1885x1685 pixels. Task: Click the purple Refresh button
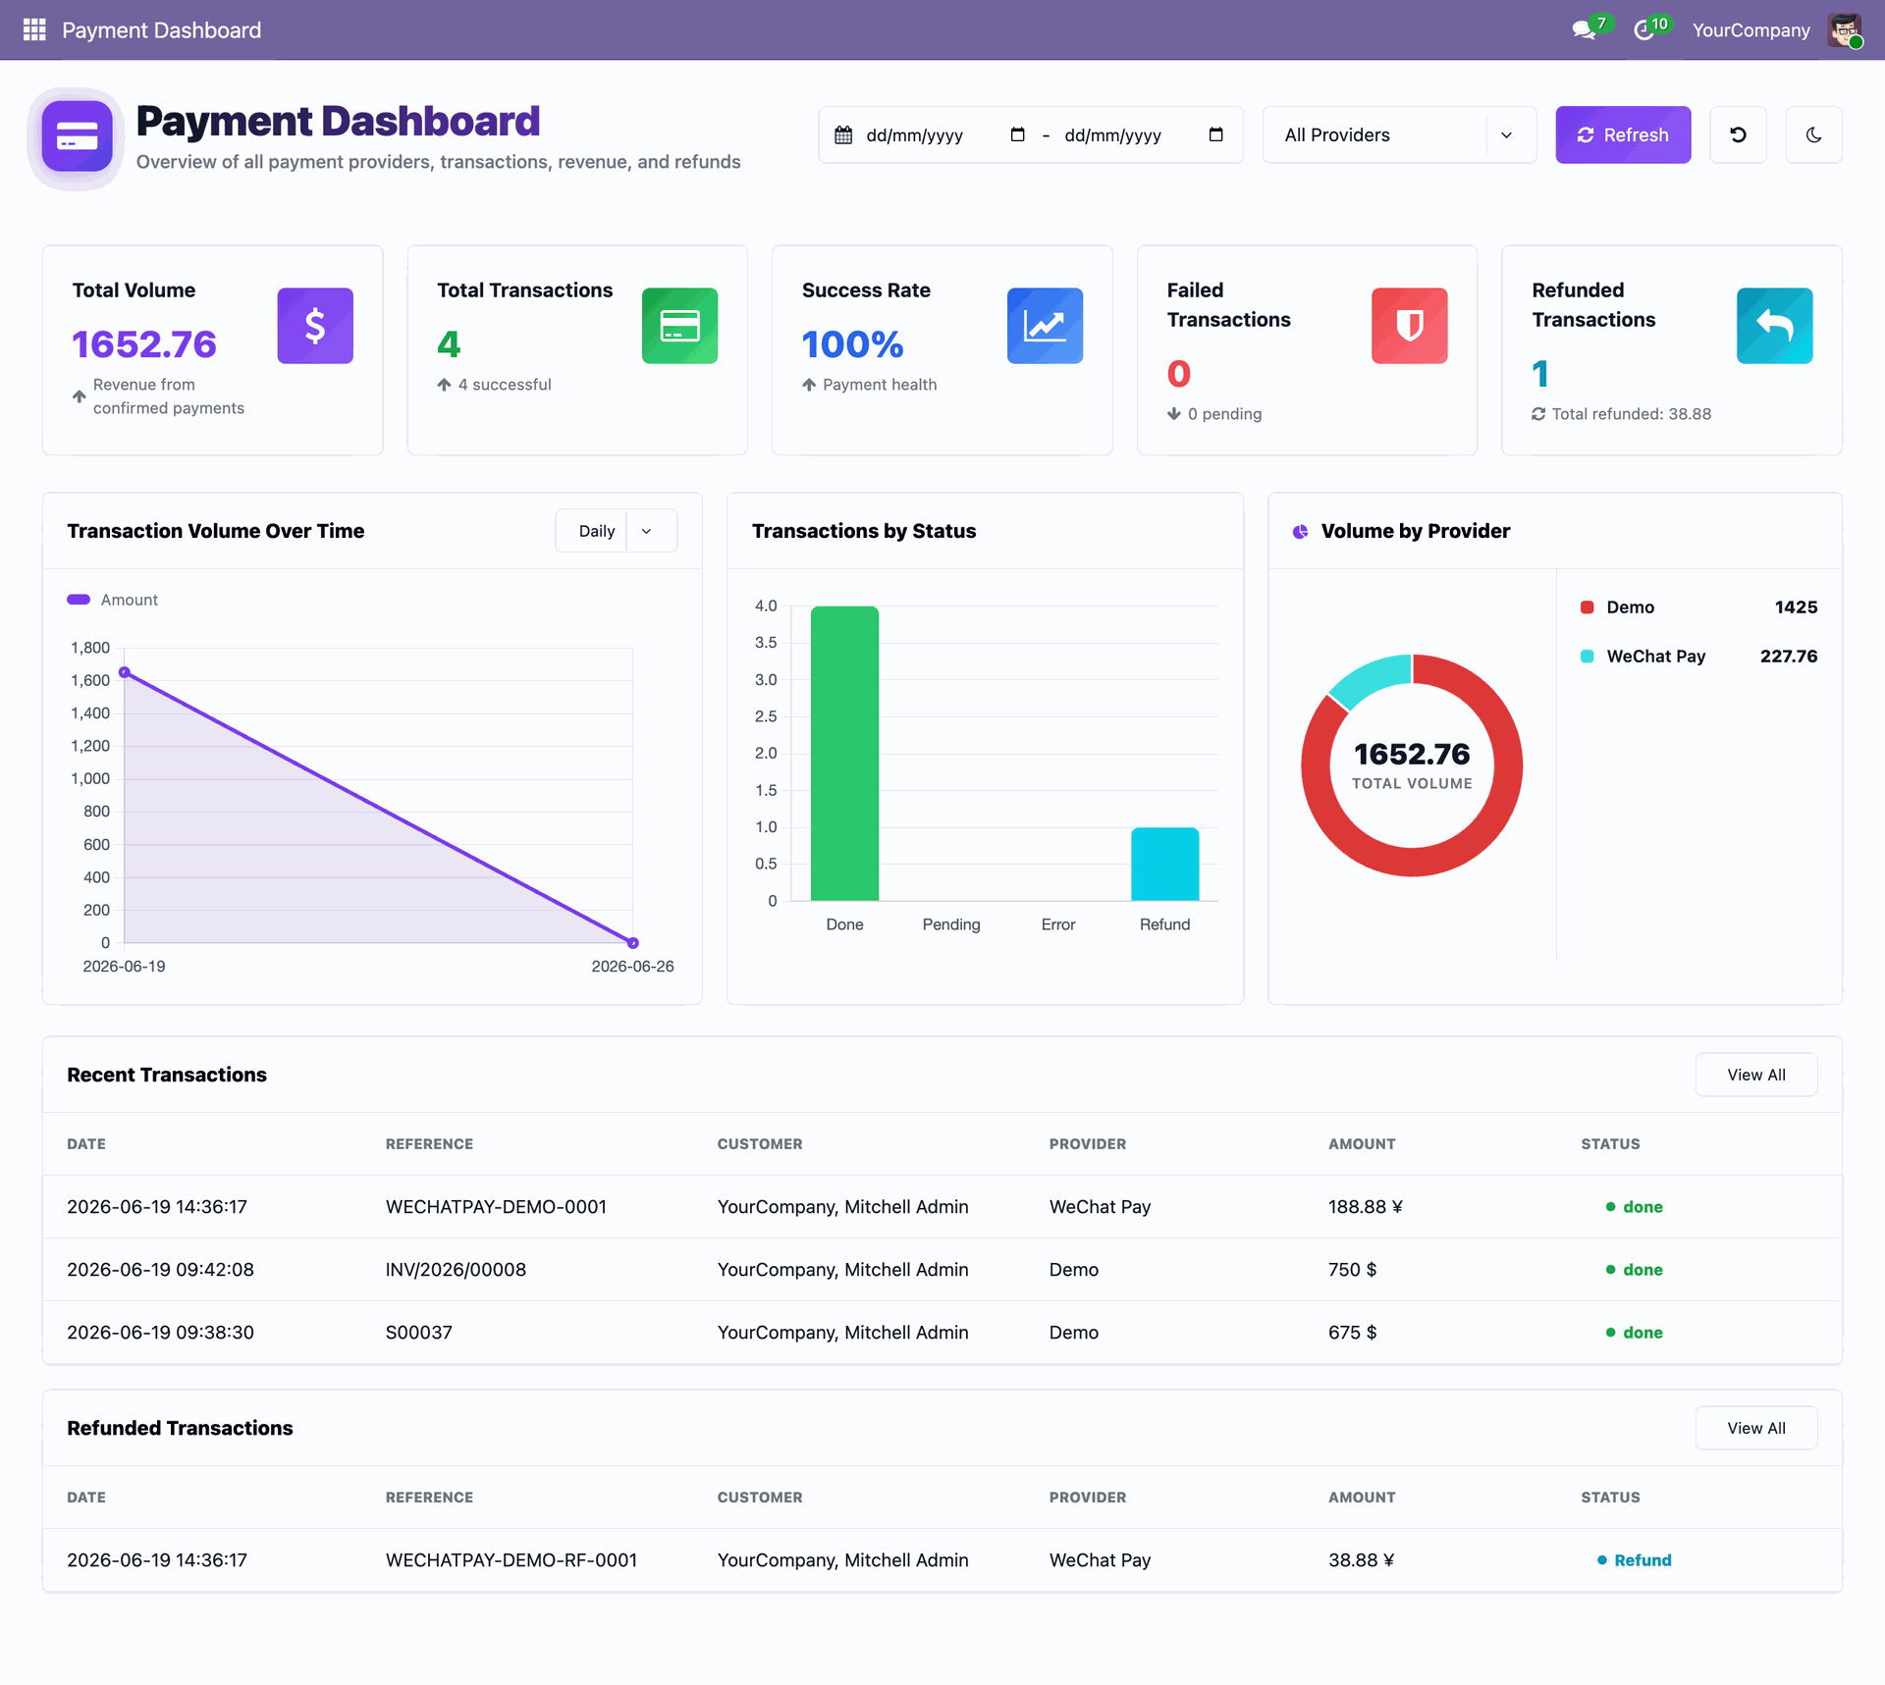1623,134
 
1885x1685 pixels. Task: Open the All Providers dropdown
1399,134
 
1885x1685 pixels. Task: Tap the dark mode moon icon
1813,134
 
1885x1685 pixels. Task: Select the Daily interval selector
616,531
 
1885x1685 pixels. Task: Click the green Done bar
844,753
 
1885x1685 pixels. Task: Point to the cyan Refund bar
1164,864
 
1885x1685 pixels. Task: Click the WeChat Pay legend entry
1655,657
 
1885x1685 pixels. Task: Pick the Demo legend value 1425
1796,607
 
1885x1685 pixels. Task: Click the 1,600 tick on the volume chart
90,680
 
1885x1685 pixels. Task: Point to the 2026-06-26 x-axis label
632,967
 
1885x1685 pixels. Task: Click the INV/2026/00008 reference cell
456,1270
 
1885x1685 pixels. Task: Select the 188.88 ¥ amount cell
1366,1207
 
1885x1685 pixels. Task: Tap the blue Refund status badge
1635,1560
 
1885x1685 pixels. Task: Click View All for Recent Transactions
1756,1075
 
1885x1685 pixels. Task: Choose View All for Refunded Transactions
1756,1428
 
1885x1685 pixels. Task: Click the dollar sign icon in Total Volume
315,326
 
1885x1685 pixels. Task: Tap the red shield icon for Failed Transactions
1410,326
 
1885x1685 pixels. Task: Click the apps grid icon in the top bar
34,29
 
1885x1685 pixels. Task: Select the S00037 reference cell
419,1333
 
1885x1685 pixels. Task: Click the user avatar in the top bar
1845,29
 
